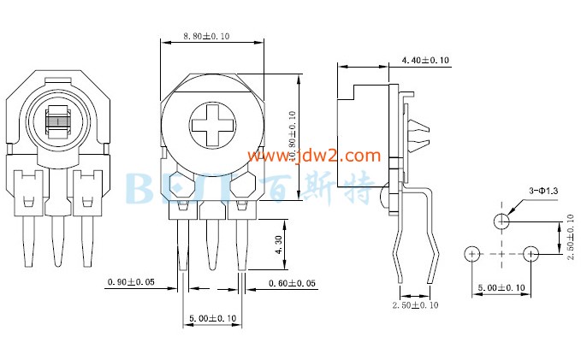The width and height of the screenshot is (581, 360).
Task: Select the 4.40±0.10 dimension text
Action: [x=424, y=60]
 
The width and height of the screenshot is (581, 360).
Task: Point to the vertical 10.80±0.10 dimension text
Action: [x=292, y=137]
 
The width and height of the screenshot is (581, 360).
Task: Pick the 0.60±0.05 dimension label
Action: [x=292, y=282]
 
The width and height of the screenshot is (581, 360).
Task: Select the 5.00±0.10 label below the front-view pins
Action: [x=211, y=318]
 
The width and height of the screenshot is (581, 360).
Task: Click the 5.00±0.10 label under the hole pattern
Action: [x=501, y=289]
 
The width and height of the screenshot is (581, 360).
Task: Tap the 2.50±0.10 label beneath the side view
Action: [x=415, y=305]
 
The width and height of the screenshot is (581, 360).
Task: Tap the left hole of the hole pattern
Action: [x=471, y=254]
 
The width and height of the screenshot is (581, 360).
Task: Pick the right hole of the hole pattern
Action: [x=531, y=254]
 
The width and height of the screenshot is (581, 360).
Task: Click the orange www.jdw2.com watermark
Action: [x=314, y=156]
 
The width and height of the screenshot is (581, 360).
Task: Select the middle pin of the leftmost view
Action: [x=59, y=239]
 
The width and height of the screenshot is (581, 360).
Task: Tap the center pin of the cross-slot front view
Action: [x=211, y=244]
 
